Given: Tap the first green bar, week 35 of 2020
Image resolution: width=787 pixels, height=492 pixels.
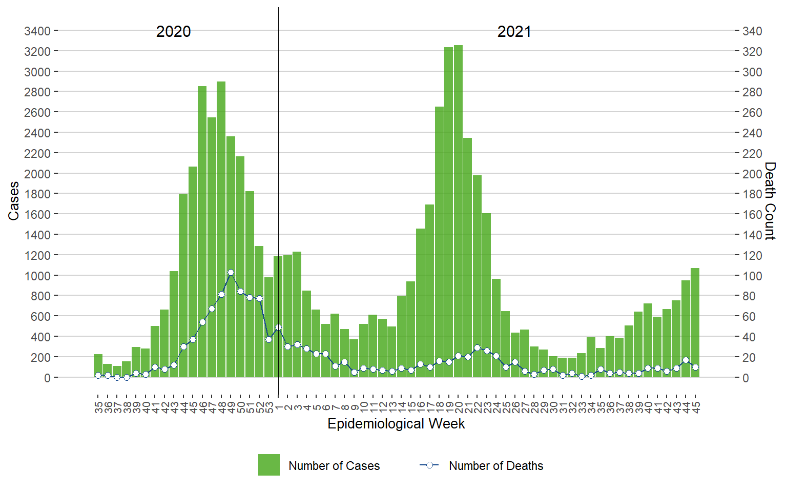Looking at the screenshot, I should click(x=98, y=365).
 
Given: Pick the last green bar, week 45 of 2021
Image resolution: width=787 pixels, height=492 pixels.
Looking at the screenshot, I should click(x=695, y=322).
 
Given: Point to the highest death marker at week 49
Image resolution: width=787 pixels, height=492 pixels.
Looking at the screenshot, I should click(x=231, y=273).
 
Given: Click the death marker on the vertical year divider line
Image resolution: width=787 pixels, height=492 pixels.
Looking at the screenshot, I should click(x=278, y=327).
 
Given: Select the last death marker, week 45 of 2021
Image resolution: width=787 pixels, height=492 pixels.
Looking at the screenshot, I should click(x=695, y=367).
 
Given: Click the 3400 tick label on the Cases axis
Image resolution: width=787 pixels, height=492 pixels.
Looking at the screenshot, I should click(x=37, y=31).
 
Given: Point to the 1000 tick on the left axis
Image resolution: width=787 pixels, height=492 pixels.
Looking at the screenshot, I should click(x=37, y=276).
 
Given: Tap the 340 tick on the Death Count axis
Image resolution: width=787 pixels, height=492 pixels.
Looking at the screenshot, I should click(x=752, y=31).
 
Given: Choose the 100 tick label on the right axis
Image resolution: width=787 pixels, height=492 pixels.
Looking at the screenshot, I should click(x=752, y=276).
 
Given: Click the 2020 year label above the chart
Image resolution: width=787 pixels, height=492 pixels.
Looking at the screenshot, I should click(x=173, y=32).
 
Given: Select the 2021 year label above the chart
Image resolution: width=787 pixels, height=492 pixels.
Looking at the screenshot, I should click(x=514, y=32).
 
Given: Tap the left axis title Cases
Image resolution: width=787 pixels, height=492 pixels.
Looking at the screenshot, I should click(x=13, y=201).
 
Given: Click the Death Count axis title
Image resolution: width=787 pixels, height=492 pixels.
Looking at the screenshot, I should click(x=770, y=201).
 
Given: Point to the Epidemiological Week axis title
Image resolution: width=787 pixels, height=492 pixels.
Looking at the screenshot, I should click(x=396, y=424).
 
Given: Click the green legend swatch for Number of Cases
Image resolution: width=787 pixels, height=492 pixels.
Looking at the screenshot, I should click(x=269, y=465).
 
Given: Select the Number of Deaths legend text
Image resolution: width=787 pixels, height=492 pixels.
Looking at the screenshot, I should click(x=495, y=466).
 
